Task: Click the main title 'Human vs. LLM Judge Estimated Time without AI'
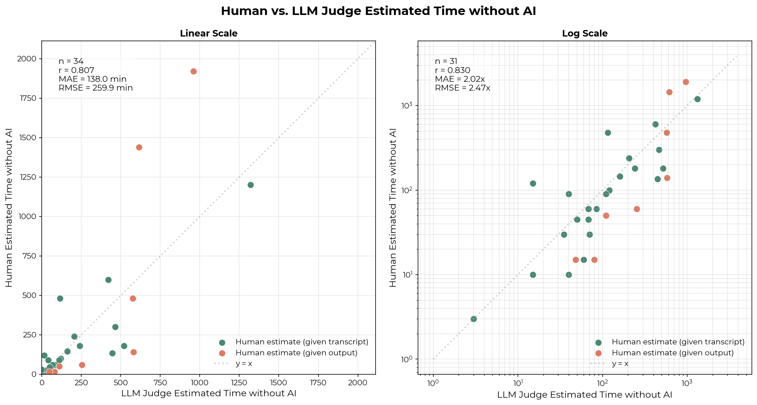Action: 378,11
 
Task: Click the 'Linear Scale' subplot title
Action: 208,34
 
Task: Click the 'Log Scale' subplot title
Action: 584,34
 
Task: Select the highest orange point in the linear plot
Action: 193,71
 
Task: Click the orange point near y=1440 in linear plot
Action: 139,147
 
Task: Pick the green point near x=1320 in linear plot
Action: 251,185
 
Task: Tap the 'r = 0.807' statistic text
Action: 76,70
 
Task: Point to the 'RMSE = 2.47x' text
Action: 462,88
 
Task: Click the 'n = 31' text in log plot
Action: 446,61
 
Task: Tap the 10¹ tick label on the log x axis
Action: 517,382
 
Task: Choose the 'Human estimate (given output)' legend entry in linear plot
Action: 296,353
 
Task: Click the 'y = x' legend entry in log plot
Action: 620,364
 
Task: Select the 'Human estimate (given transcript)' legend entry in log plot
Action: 678,342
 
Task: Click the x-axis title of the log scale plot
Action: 584,394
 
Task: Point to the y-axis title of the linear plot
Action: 9,207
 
